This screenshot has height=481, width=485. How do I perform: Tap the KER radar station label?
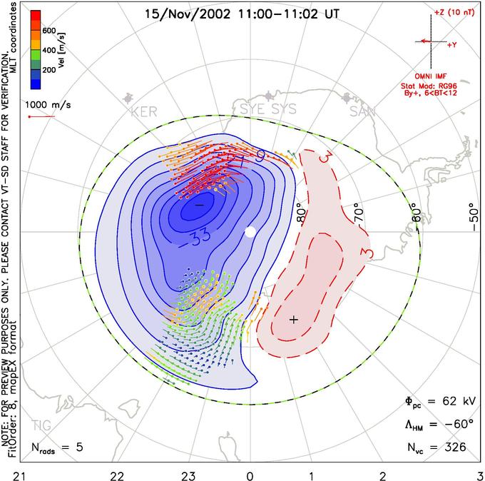[143, 112]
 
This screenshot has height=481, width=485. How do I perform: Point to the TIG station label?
[41, 426]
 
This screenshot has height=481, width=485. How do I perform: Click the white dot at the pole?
[250, 232]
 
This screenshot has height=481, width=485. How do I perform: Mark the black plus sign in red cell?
[293, 319]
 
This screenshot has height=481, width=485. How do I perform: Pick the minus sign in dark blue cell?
[199, 205]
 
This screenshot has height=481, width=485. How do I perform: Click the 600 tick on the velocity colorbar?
[48, 31]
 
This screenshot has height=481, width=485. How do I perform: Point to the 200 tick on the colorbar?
[48, 71]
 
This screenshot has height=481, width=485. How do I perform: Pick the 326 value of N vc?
[454, 447]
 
